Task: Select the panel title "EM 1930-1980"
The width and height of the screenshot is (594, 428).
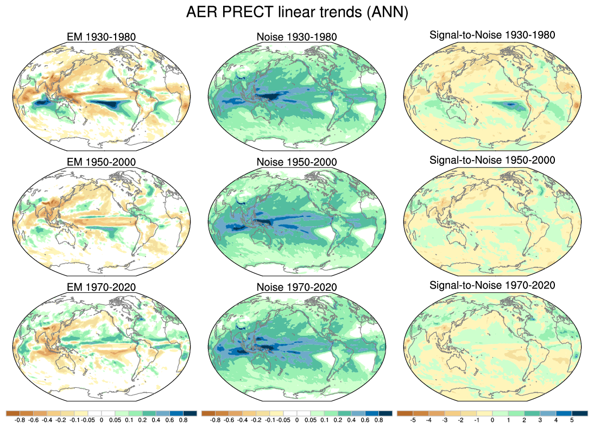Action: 99,37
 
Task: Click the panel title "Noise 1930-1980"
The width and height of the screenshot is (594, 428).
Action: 296,37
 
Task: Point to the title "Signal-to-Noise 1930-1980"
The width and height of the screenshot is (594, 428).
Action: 492,35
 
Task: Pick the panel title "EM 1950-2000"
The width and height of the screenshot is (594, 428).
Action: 99,162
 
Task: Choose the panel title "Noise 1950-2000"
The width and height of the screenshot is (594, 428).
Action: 296,162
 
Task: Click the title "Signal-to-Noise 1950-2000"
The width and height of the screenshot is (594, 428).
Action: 492,160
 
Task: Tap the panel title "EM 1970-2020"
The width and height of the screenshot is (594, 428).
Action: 99,287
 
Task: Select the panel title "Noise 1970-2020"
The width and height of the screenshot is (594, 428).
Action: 296,287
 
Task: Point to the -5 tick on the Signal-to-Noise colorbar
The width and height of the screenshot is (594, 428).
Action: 413,420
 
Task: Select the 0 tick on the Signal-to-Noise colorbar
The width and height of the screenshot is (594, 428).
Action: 492,420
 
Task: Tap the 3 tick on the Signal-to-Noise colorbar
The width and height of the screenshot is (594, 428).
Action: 540,420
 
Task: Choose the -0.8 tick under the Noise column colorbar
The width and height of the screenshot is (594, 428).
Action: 216,420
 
